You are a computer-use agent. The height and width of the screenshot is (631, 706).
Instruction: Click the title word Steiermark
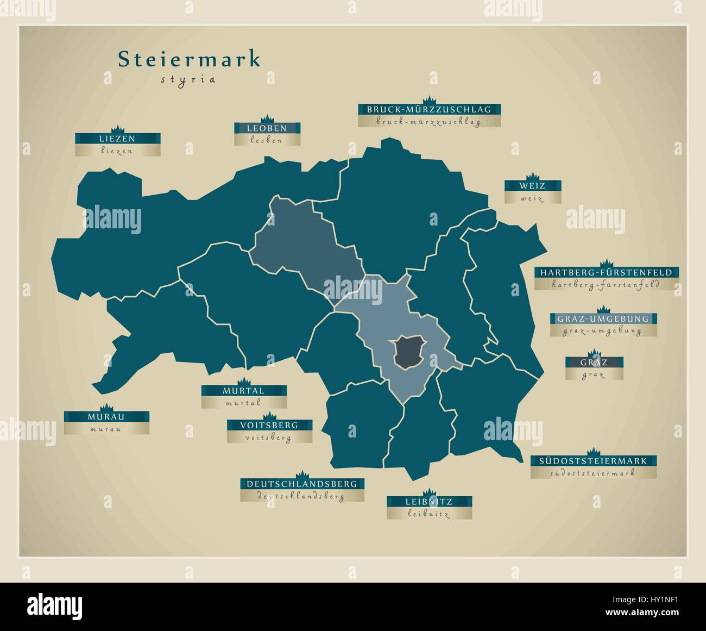tap(189, 60)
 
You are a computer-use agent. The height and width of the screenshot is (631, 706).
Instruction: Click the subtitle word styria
tap(188, 79)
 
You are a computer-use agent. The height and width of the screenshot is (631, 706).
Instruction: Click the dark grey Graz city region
tap(411, 351)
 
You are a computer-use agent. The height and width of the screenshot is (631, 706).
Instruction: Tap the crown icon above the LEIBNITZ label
tap(429, 492)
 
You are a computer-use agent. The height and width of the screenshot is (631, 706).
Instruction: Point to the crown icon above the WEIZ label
tap(532, 176)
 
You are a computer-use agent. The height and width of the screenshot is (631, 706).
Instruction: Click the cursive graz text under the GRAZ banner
tap(594, 374)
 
